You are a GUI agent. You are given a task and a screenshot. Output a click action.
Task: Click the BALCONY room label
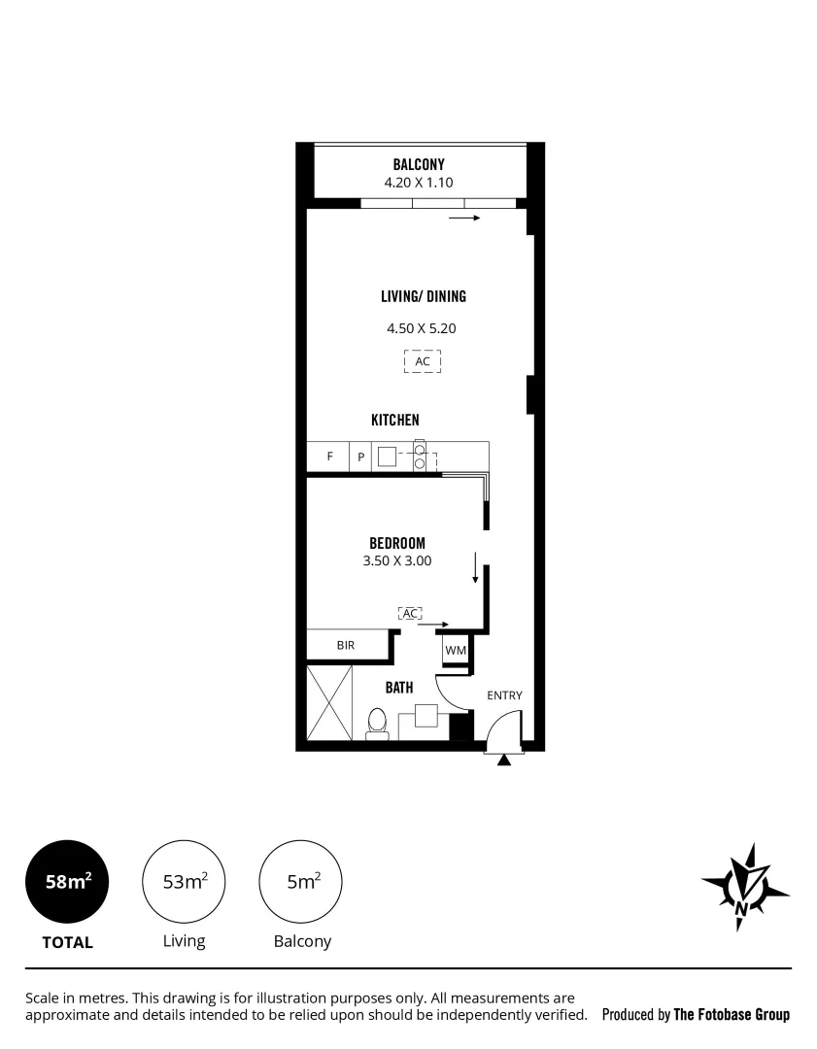(x=419, y=164)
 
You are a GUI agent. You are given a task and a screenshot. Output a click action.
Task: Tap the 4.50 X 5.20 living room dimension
(x=421, y=328)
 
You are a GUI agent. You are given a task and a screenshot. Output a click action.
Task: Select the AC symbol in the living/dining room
(x=423, y=361)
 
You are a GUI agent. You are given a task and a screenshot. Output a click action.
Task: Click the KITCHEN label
(x=395, y=420)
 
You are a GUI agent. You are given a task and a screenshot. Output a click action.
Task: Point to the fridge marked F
(x=329, y=457)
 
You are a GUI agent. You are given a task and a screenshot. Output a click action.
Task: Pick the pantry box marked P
(x=360, y=457)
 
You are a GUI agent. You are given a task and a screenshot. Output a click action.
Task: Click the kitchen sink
(x=388, y=457)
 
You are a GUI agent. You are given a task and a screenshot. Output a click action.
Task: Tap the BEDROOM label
(x=397, y=543)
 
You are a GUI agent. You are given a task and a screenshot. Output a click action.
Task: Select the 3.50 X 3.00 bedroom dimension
(x=397, y=560)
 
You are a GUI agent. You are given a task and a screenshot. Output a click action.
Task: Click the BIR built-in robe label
(x=346, y=644)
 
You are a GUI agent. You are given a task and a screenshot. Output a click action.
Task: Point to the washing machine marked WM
(x=456, y=650)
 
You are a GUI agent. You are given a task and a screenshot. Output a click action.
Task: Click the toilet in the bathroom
(x=377, y=723)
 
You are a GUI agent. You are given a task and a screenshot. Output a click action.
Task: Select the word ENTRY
(x=504, y=694)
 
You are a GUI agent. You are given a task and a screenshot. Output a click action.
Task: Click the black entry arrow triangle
(x=503, y=761)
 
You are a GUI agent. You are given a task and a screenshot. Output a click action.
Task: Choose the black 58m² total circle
(x=68, y=881)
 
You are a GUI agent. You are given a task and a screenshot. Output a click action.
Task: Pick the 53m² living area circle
(x=185, y=881)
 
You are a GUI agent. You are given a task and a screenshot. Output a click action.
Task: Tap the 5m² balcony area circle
(x=301, y=881)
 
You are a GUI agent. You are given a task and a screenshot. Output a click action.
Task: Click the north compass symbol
(x=744, y=886)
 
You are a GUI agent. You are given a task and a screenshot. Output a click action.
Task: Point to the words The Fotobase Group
(x=732, y=1014)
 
